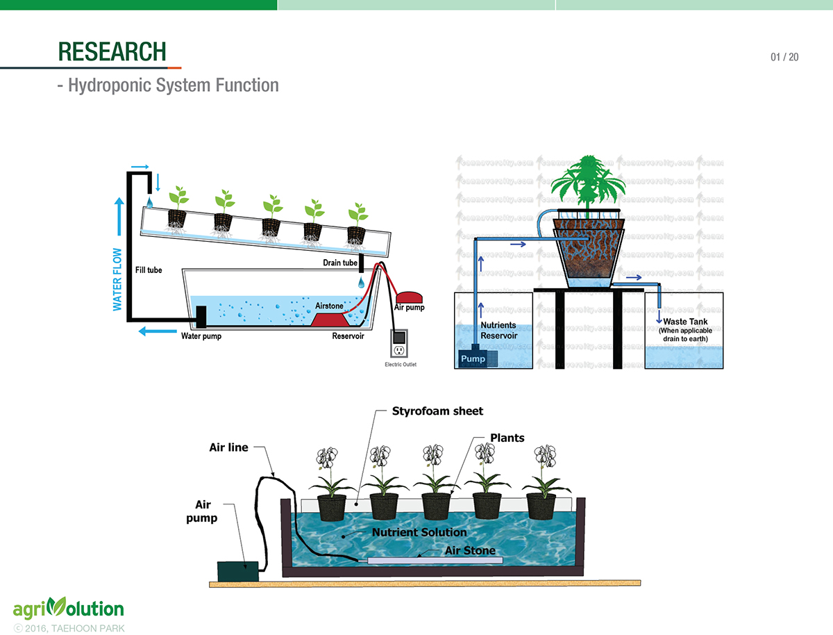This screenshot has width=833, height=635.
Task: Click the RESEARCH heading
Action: click(112, 51)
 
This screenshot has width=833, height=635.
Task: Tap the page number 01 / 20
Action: click(784, 57)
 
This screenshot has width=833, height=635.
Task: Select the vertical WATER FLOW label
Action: click(117, 279)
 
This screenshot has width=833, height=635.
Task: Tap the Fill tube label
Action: click(149, 270)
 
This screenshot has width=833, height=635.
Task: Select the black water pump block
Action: click(202, 317)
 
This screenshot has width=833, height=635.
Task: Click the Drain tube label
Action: click(340, 263)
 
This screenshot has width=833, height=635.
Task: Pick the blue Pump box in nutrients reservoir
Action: click(473, 358)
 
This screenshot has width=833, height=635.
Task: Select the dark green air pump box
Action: click(237, 570)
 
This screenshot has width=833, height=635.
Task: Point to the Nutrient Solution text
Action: click(419, 532)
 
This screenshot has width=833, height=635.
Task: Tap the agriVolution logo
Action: click(68, 609)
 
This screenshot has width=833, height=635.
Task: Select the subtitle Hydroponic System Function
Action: click(168, 85)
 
